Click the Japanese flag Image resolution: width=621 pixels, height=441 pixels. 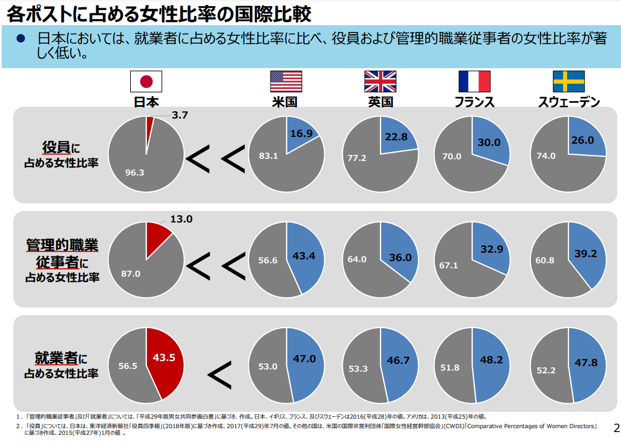146,82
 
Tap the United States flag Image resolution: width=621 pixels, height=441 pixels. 286,82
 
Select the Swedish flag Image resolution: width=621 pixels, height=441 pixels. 568,82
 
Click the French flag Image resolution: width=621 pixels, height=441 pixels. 474,82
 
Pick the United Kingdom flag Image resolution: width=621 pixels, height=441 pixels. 380,82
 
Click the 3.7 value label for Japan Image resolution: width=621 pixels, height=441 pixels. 180,116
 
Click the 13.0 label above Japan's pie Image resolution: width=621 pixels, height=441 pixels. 181,219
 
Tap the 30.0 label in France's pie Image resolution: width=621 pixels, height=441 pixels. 489,142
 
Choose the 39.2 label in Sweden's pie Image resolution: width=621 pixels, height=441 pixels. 586,253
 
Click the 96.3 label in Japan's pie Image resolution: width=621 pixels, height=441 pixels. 135,173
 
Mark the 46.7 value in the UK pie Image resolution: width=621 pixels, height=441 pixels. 398,361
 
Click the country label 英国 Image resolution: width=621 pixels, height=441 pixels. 380,102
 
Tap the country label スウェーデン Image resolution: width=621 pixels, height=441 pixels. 568,102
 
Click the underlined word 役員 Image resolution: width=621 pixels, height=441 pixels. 56,148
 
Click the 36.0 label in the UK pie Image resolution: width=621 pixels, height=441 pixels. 400,258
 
